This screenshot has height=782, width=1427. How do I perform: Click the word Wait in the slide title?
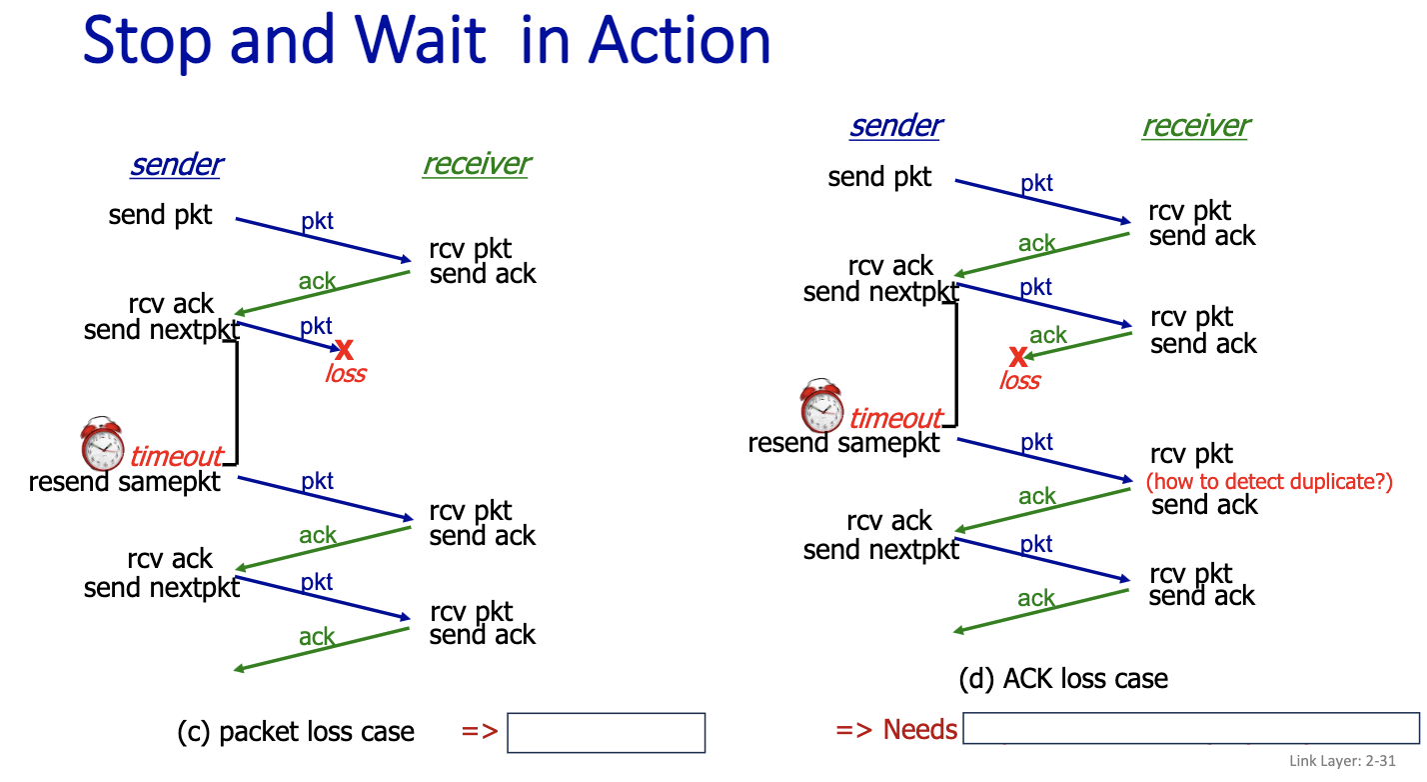[421, 40]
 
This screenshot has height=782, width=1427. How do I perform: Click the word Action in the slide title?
[680, 40]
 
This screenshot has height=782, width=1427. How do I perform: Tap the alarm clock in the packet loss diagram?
[102, 443]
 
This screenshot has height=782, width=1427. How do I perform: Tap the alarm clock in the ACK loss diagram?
[821, 405]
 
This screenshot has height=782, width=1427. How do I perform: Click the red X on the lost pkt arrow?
[344, 349]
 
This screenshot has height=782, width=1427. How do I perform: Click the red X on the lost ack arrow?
[1018, 356]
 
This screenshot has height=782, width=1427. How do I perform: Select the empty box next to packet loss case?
[606, 733]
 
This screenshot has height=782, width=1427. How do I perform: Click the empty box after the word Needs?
[1190, 728]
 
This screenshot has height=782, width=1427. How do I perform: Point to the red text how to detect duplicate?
[1269, 482]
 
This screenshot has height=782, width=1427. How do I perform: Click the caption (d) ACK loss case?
[1063, 679]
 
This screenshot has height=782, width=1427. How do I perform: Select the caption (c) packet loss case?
[296, 732]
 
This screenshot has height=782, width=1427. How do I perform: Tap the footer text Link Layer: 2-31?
[1342, 761]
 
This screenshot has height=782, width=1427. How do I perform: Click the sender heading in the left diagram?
[177, 164]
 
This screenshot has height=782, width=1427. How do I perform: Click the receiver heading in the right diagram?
[1196, 126]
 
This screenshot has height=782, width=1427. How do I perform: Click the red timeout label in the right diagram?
[895, 419]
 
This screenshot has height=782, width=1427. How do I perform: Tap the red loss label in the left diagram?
[346, 373]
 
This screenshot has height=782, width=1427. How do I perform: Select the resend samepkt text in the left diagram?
[124, 482]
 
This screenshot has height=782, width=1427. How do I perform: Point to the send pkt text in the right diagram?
[879, 177]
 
